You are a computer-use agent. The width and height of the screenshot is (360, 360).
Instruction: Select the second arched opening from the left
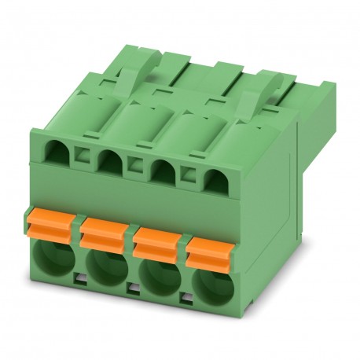tap(110, 141)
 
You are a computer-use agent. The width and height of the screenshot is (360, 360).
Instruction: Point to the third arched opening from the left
tap(162, 147)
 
